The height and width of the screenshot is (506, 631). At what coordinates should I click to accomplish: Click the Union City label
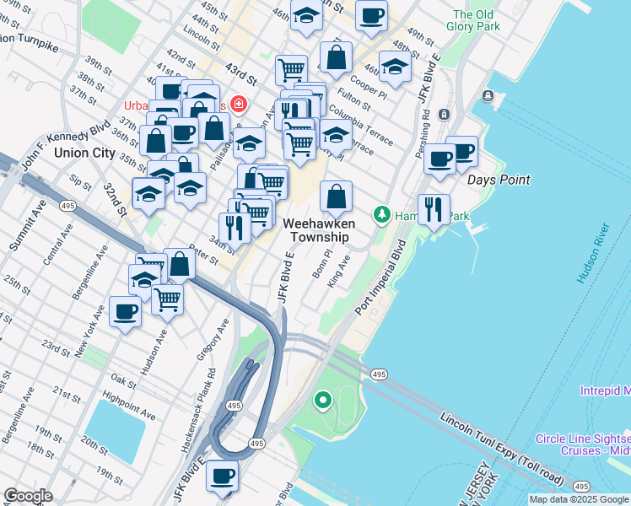coord(84,153)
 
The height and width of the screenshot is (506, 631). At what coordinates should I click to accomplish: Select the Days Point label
coord(499,180)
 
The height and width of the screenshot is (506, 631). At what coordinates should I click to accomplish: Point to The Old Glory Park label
coord(477,20)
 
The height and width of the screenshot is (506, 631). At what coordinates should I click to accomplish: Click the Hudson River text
coord(591,253)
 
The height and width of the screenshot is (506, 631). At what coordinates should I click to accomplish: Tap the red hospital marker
coord(240,105)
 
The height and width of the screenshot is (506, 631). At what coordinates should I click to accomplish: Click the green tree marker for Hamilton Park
coord(382,216)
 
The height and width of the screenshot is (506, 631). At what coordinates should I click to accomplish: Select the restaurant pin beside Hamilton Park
coord(434,208)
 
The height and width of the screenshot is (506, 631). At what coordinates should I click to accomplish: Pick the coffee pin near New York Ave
coord(125,311)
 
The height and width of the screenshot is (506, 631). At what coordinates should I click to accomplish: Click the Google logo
coord(27,496)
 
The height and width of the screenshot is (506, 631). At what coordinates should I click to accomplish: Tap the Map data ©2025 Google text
coord(579,499)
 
